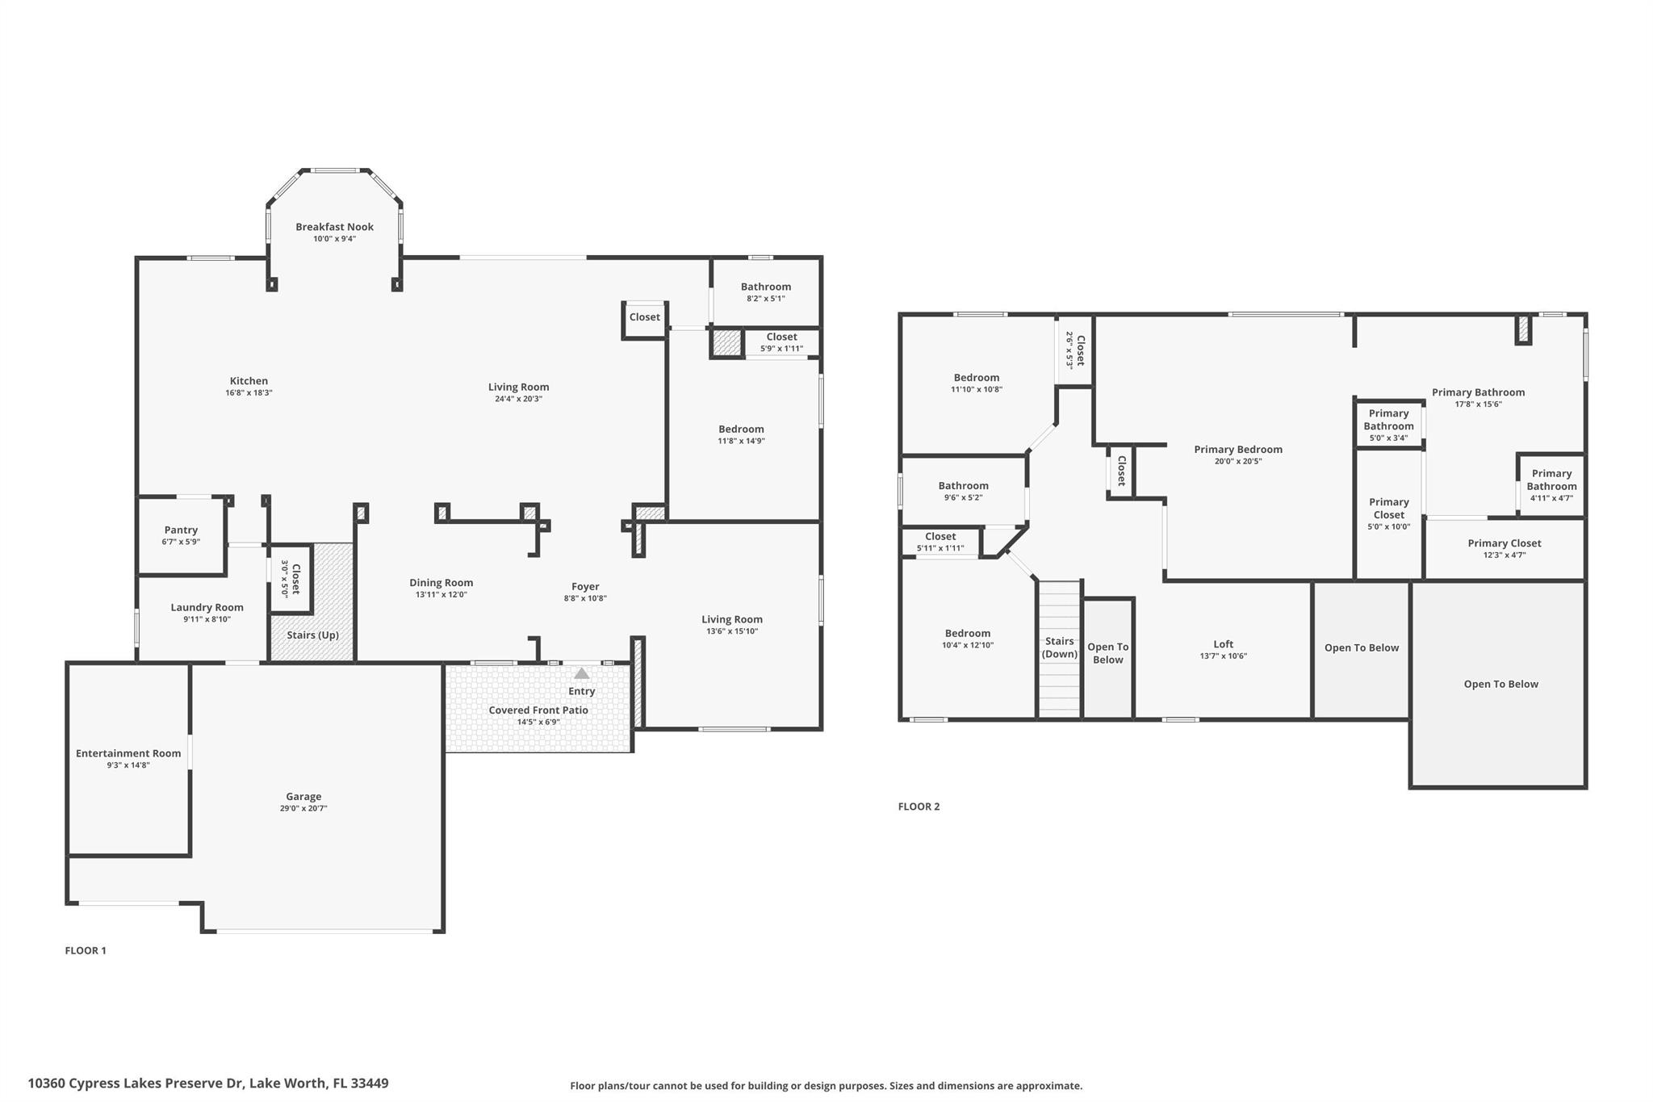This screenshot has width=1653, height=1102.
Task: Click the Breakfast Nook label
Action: pos(334,227)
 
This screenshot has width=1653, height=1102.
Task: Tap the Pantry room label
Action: pos(181,530)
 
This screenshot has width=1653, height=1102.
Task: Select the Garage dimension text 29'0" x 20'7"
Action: pos(303,808)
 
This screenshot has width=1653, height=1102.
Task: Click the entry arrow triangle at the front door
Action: pos(581,673)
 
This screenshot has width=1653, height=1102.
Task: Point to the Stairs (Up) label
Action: pos(312,635)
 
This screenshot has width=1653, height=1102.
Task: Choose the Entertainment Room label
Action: pos(128,753)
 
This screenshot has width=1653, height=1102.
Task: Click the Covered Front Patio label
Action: pos(538,710)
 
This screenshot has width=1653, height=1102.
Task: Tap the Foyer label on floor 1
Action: pos(585,586)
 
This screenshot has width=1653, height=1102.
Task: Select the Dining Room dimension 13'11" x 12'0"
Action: pos(441,594)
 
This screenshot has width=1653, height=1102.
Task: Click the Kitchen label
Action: pos(249,380)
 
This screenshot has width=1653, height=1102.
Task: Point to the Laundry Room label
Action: pos(207,607)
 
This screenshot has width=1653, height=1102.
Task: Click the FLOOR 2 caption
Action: pos(919,806)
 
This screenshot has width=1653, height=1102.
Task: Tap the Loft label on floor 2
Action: pos(1223,643)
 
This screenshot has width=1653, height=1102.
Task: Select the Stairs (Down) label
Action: pos(1059,647)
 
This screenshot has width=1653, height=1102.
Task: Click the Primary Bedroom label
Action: pos(1238,449)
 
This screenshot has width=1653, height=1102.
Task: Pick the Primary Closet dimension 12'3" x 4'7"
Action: pos(1504,555)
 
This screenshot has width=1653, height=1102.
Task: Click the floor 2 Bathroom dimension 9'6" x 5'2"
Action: pos(963,497)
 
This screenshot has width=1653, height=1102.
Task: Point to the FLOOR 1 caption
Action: pos(86,950)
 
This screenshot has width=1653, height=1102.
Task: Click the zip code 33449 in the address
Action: pos(370,1083)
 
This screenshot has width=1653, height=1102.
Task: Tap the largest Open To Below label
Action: pos(1500,684)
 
